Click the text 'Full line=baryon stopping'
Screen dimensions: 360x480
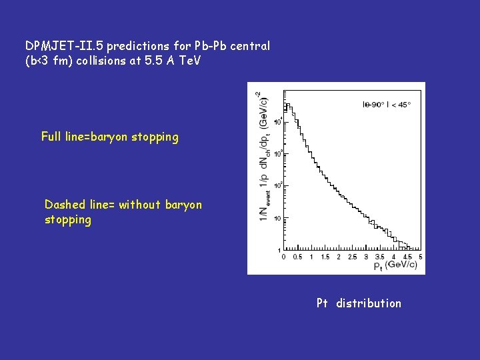(109, 137)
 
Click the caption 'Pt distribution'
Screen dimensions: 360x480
(359, 303)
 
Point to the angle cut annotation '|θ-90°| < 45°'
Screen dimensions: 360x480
(386, 104)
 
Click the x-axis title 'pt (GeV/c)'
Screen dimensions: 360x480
(395, 265)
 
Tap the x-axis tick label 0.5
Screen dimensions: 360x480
(297, 257)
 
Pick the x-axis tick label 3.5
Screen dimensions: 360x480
(380, 257)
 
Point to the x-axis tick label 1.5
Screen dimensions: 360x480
(325, 257)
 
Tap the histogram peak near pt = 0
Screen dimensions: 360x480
(287, 105)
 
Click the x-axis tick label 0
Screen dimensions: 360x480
(284, 257)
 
